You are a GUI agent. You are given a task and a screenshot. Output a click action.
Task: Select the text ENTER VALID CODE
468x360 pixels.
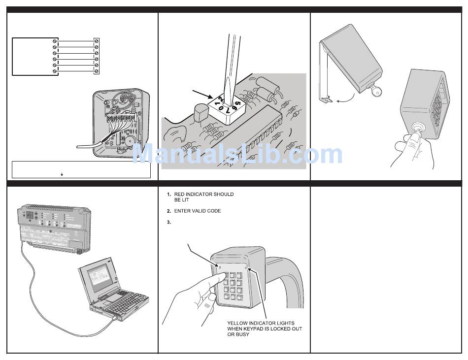(198, 211)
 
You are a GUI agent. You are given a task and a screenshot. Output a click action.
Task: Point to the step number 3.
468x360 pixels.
(168, 223)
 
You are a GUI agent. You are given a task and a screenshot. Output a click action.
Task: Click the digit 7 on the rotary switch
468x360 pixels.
(228, 111)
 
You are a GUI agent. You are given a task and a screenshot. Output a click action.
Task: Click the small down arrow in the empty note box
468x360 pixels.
(62, 174)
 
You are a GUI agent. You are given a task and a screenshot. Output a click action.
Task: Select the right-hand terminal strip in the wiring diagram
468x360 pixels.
(97, 57)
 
